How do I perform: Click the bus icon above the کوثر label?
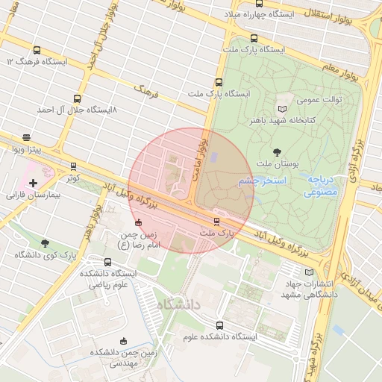click(72, 166)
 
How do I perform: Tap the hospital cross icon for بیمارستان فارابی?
click(33, 183)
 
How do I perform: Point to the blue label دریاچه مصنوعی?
click(322, 186)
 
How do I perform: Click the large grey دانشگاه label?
click(179, 303)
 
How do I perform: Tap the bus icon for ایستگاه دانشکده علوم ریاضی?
click(109, 262)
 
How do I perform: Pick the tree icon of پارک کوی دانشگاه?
click(46, 243)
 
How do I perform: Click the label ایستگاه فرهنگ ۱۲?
click(37, 61)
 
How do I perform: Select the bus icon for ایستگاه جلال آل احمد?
click(77, 98)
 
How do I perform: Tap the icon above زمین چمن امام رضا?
click(137, 222)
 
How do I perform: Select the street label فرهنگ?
click(147, 92)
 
